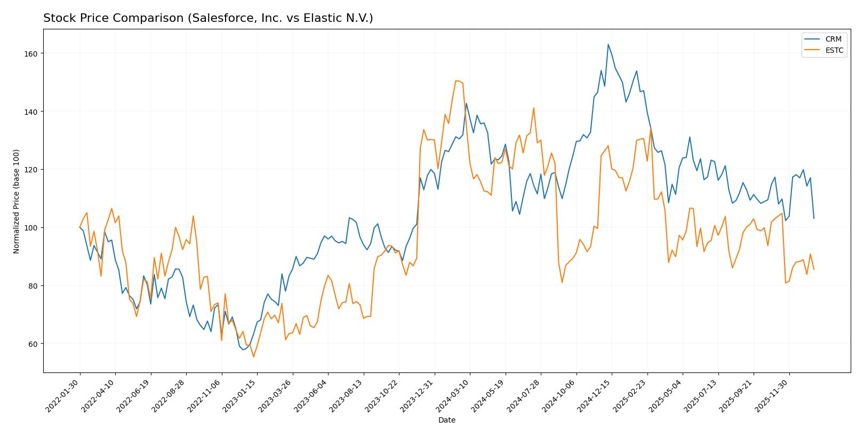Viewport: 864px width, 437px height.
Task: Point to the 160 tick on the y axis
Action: pyautogui.click(x=33, y=54)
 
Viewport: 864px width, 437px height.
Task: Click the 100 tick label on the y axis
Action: pyautogui.click(x=33, y=228)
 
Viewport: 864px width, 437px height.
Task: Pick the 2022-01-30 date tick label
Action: pyautogui.click(x=63, y=396)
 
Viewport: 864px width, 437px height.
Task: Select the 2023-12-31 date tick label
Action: pyautogui.click(x=417, y=396)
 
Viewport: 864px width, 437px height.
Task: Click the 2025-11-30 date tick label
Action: pyautogui.click(x=772, y=396)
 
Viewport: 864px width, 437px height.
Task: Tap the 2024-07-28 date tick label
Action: pyautogui.click(x=524, y=396)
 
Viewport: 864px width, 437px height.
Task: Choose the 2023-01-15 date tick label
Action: pyautogui.click(x=240, y=396)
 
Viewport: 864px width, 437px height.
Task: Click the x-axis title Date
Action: pyautogui.click(x=447, y=420)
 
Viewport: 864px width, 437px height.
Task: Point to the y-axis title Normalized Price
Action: pyautogui.click(x=17, y=201)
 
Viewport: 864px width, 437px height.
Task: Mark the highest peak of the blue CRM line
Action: pyautogui.click(x=608, y=44)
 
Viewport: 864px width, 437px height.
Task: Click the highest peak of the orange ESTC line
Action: pyautogui.click(x=456, y=81)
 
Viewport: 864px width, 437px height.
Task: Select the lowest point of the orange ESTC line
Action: pyautogui.click(x=253, y=356)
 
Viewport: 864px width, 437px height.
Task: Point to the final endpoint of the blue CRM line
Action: pyautogui.click(x=814, y=218)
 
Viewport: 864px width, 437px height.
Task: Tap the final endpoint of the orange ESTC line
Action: pyautogui.click(x=814, y=269)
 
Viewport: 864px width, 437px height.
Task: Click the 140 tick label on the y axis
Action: pyautogui.click(x=33, y=112)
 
